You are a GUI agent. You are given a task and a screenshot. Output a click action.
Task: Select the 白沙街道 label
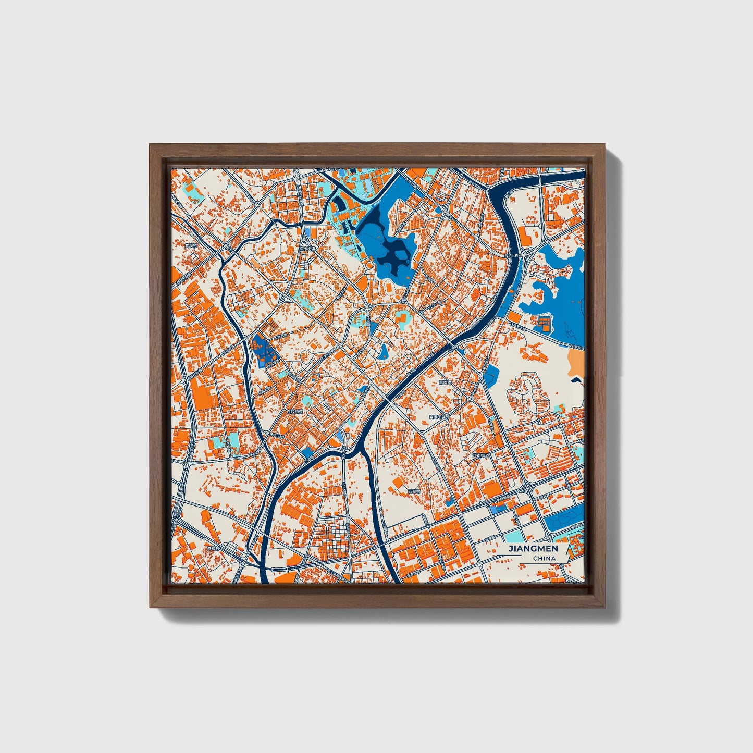295,412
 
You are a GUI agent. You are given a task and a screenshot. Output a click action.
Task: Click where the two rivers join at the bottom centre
360,447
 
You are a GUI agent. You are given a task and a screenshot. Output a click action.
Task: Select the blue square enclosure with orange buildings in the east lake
544,323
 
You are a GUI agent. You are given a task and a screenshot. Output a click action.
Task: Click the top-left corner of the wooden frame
150,145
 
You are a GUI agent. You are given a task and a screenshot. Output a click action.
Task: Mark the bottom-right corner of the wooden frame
606,607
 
